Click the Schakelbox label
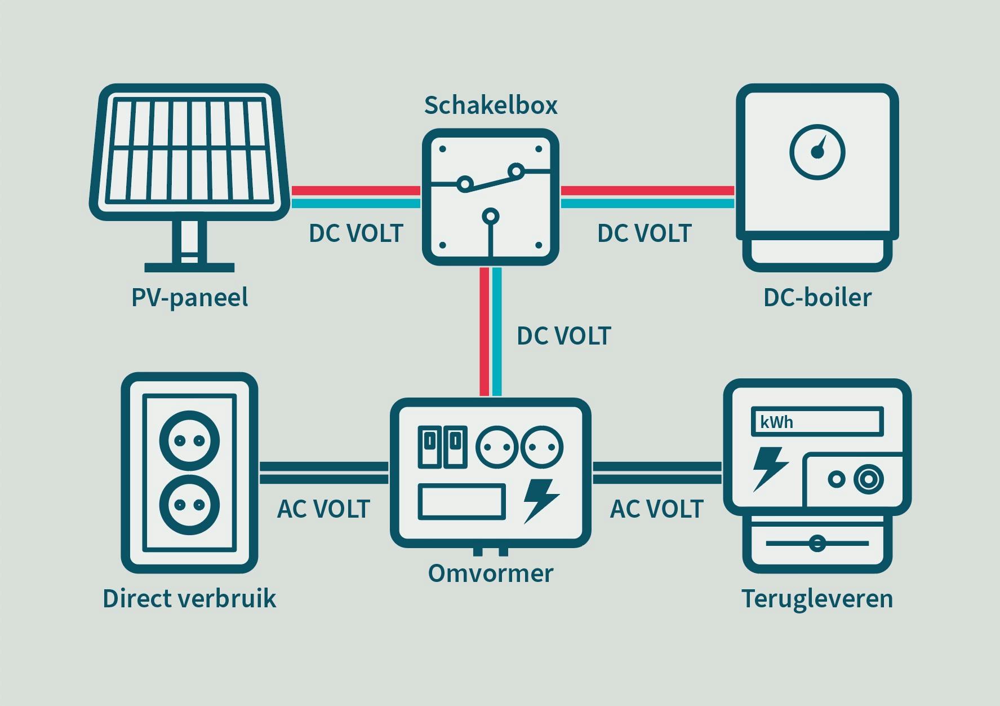[491, 105]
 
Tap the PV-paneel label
[189, 298]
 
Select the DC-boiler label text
[817, 298]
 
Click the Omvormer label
[491, 573]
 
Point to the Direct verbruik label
[189, 599]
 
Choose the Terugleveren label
[817, 599]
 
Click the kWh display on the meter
[817, 422]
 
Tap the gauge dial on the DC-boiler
[817, 152]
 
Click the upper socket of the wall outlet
[189, 440]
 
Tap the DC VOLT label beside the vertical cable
[563, 336]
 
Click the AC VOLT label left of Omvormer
[323, 509]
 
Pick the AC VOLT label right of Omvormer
[657, 509]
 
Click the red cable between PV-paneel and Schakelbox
[356, 191]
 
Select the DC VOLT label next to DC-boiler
[644, 233]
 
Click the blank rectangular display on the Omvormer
[461, 501]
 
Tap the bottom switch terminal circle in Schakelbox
[491, 216]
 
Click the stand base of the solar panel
[189, 267]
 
